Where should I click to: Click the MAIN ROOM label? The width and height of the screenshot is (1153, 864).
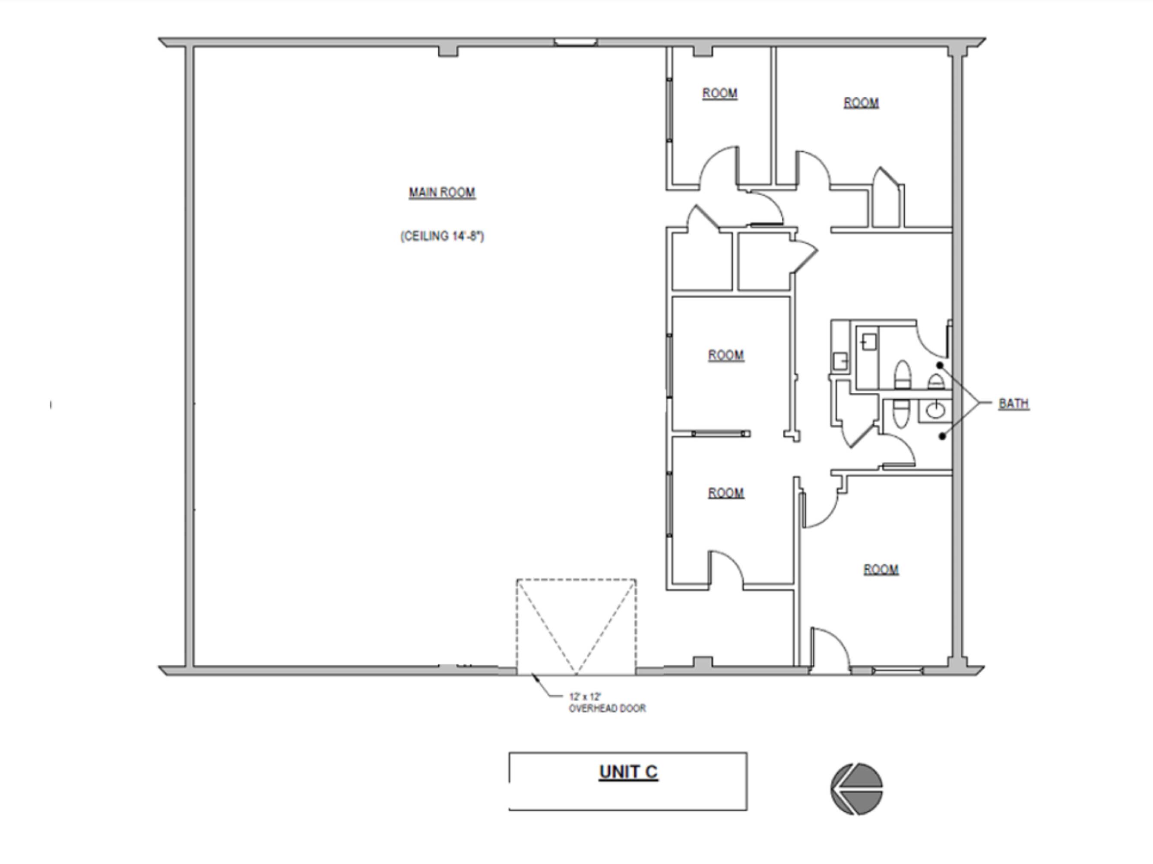442,193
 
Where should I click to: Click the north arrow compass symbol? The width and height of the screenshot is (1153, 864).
857,789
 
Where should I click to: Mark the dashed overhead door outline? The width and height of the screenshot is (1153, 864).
576,580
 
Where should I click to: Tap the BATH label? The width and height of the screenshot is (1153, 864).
1014,403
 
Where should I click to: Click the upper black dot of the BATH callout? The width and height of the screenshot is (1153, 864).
940,365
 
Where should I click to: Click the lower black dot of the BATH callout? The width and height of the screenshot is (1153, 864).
942,436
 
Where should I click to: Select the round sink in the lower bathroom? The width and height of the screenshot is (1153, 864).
934,410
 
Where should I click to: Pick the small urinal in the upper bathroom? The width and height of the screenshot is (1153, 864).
936,382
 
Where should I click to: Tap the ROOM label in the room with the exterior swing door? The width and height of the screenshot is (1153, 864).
881,569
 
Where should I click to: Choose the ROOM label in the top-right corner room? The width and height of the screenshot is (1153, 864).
861,103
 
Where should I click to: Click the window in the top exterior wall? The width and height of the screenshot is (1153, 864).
576,42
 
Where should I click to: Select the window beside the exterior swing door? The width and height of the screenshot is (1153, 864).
898,670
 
